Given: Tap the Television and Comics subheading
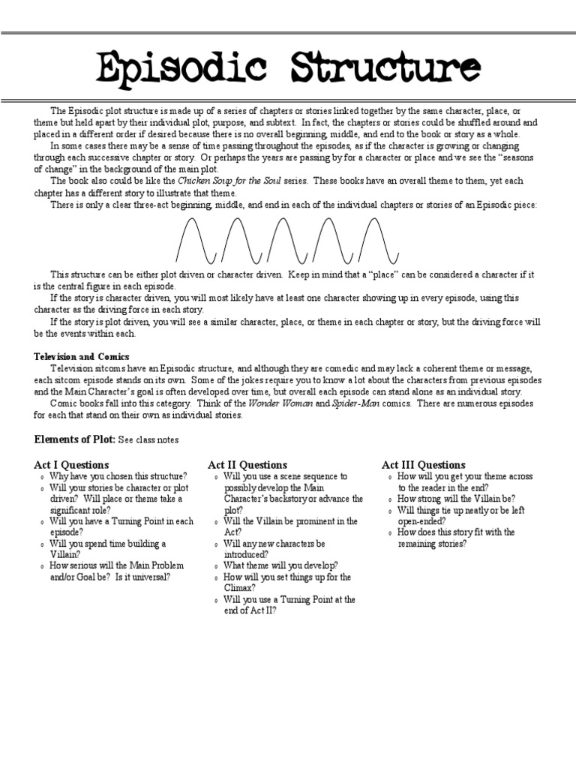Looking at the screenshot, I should [81, 356].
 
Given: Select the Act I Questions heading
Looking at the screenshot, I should [71, 465].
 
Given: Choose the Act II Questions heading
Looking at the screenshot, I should [247, 465].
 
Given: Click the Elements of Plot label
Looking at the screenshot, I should [74, 439].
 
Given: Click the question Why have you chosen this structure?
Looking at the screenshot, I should [118, 476].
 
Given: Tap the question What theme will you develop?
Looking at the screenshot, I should [280, 565].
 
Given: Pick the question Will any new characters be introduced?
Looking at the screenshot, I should [274, 548].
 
